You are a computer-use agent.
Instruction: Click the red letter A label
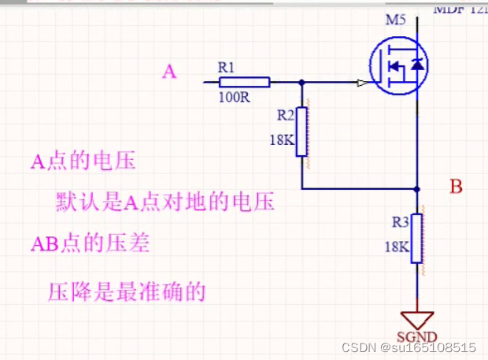point(169,72)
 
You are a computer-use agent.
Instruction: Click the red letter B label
point(456,187)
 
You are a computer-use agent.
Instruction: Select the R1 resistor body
point(244,81)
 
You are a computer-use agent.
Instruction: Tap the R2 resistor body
point(301,132)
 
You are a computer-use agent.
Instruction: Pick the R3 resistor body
point(417,238)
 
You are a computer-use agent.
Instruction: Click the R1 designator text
point(227,68)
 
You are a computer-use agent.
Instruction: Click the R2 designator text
point(286,115)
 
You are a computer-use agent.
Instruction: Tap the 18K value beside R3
point(396,247)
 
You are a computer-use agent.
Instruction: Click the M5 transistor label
point(396,19)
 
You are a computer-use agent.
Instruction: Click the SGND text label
point(416,341)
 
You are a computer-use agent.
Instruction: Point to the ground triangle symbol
point(417,320)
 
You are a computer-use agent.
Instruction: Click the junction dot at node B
point(417,189)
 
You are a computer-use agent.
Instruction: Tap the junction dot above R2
point(301,81)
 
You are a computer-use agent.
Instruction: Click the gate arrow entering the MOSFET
point(361,81)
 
